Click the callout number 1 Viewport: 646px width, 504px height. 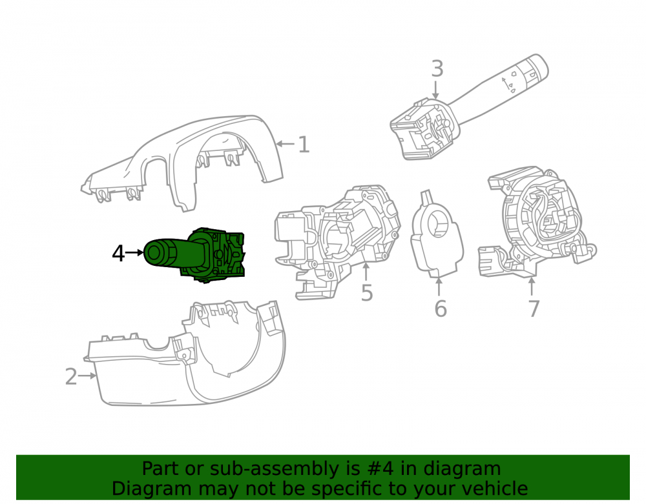(304, 145)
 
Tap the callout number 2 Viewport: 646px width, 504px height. (71, 376)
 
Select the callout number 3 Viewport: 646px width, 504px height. (437, 68)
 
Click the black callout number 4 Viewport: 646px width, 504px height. (118, 254)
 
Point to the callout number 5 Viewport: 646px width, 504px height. (367, 292)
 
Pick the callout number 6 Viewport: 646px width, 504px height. (441, 309)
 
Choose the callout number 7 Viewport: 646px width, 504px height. (534, 309)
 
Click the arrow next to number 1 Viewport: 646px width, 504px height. (285, 144)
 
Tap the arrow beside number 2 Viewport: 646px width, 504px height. (87, 376)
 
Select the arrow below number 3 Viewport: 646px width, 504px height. (435, 90)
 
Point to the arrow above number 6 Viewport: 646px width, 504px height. (439, 287)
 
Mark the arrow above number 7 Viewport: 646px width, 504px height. (532, 287)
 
